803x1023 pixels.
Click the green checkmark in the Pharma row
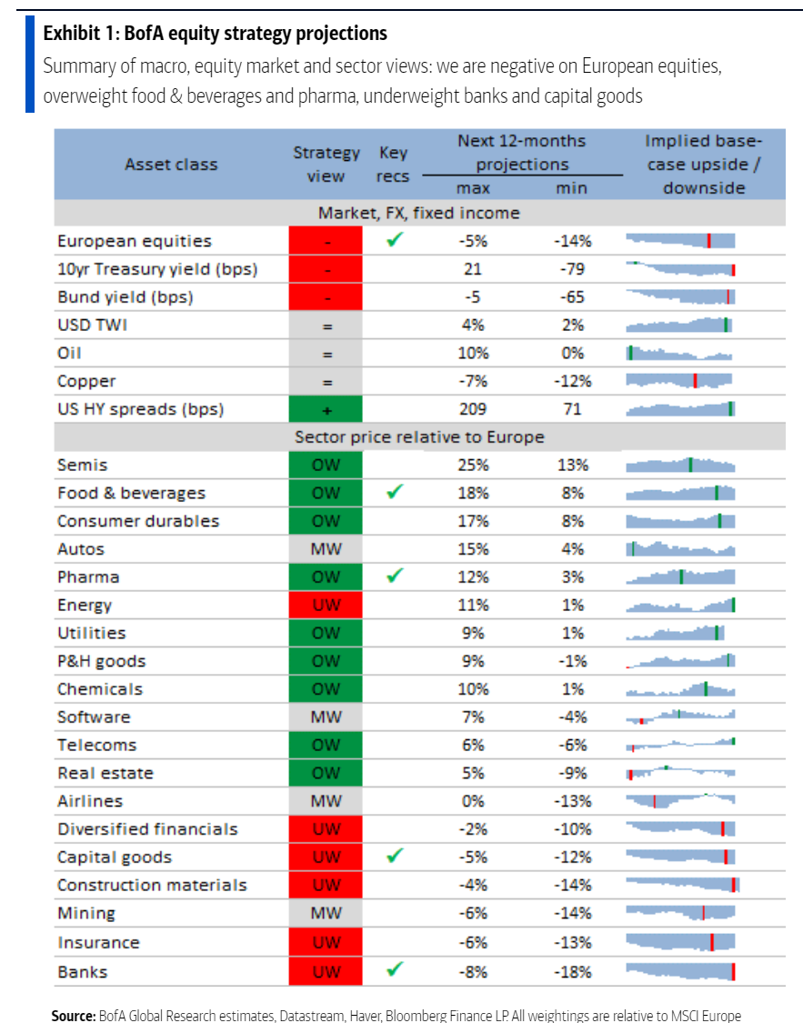click(394, 577)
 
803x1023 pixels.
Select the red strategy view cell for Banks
click(326, 971)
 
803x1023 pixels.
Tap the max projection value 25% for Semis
click(473, 465)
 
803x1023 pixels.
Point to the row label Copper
click(86, 381)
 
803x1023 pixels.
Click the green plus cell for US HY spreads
click(326, 409)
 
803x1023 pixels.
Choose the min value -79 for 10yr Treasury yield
click(572, 269)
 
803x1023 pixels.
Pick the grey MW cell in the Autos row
click(326, 549)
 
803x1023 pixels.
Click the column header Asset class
click(171, 165)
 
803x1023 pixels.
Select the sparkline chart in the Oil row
click(679, 353)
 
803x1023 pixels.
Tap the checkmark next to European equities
click(394, 241)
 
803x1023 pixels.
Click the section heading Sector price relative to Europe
click(419, 437)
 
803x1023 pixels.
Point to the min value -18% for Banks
click(572, 971)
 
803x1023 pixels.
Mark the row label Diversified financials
click(147, 829)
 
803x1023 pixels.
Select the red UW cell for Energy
click(326, 606)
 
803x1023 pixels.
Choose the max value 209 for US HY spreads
click(473, 409)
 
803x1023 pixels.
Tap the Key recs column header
click(393, 165)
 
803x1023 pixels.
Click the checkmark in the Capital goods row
click(394, 857)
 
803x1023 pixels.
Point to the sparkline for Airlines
click(679, 801)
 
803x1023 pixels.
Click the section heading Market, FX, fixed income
click(419, 213)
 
